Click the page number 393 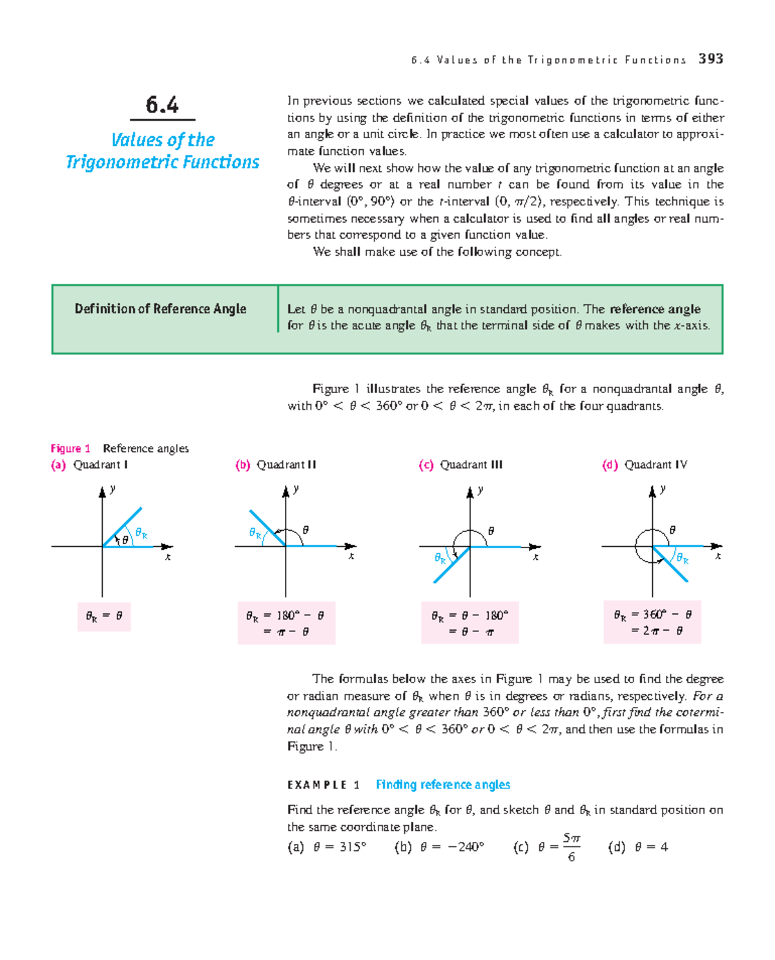[x=710, y=59]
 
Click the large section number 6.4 [x=162, y=105]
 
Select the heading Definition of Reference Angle [x=160, y=309]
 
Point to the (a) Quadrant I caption [x=90, y=465]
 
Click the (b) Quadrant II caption [x=276, y=465]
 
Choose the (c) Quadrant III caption [x=460, y=465]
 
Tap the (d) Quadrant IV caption [x=645, y=465]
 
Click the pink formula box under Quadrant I [x=104, y=616]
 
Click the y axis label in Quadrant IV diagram [x=663, y=489]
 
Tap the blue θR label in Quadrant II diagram [x=256, y=533]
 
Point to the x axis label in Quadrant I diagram [x=168, y=557]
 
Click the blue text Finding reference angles [x=443, y=784]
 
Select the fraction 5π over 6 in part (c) [x=571, y=847]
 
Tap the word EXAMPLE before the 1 [x=317, y=785]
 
